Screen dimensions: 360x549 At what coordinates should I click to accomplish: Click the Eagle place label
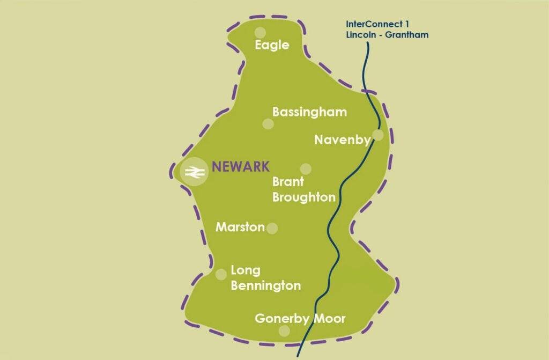[x=272, y=45]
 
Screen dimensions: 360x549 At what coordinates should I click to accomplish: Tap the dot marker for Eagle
[x=260, y=33]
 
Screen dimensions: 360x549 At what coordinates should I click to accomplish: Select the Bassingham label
[x=309, y=112]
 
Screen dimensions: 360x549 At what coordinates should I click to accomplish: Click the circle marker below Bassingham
[x=268, y=124]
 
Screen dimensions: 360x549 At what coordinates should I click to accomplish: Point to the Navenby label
[x=342, y=140]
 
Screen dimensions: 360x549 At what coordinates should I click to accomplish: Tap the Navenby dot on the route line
[x=378, y=135]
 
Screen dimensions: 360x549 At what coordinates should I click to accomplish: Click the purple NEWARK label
[x=241, y=166]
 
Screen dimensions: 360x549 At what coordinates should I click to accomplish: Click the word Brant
[x=288, y=182]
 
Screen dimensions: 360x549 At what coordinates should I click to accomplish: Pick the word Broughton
[x=303, y=197]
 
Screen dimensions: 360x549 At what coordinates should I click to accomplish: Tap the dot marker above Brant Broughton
[x=306, y=168]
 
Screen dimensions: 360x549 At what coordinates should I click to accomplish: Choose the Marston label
[x=240, y=227]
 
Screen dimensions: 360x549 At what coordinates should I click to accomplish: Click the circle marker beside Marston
[x=272, y=228]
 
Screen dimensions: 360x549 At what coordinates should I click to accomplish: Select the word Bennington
[x=265, y=285]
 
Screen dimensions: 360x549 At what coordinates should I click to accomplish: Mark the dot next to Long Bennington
[x=220, y=275]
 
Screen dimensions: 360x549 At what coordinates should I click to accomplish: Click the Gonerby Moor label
[x=300, y=319]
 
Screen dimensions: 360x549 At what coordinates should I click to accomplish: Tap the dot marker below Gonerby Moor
[x=285, y=331]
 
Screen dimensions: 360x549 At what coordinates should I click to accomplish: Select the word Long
[x=245, y=270]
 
